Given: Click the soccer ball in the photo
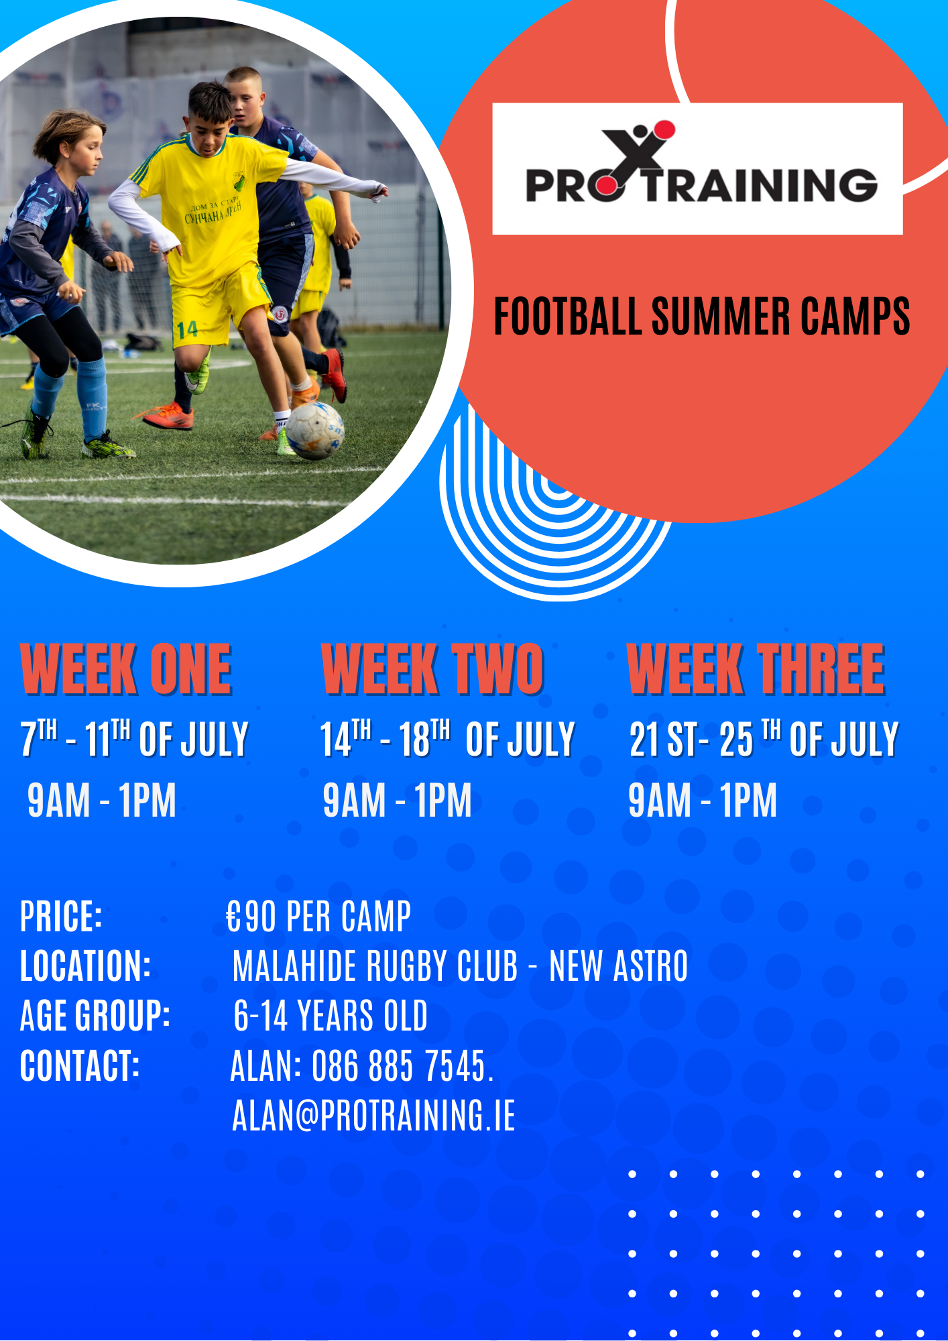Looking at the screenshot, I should tap(315, 430).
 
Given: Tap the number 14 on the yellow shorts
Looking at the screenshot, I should tap(187, 329).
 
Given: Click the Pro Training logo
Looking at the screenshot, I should tap(697, 168).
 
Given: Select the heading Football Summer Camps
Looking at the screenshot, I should tap(701, 316).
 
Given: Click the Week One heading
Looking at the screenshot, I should tap(126, 669).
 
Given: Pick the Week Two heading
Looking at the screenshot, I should tap(432, 669).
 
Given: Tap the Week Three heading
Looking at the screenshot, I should tap(756, 669).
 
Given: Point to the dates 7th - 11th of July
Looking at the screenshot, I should tap(134, 739).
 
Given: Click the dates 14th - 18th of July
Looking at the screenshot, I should tap(447, 739).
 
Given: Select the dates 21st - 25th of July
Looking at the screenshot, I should tap(764, 739).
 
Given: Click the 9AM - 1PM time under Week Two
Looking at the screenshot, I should tap(397, 800).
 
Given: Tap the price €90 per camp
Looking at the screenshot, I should tap(318, 917).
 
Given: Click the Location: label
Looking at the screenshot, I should tap(86, 966).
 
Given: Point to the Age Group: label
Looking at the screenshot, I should tap(95, 1016).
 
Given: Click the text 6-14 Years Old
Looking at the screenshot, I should tap(331, 1016).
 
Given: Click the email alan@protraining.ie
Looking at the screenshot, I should tap(373, 1115).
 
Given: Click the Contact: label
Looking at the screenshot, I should tap(80, 1065).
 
